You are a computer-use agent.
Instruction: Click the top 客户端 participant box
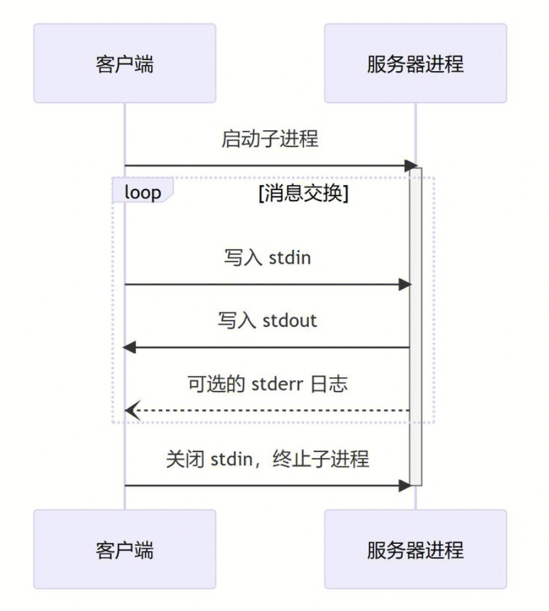125,63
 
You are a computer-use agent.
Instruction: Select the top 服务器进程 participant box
415,63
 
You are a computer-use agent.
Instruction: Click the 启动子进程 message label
270,139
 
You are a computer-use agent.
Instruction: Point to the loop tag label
142,192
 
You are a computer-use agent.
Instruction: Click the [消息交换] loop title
303,193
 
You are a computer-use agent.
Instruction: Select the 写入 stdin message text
267,257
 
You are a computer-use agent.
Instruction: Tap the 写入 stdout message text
267,320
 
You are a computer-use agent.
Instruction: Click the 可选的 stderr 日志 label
267,383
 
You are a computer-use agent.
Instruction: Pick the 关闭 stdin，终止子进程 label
267,459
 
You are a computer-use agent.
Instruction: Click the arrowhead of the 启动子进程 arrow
411,165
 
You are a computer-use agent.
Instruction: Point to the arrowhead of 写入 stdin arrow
405,285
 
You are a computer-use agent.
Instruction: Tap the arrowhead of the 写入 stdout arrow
130,347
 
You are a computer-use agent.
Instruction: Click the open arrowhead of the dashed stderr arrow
131,410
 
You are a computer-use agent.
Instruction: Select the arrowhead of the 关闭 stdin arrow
405,485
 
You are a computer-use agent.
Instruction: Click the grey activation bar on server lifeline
416,326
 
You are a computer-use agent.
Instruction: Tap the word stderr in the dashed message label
276,383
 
